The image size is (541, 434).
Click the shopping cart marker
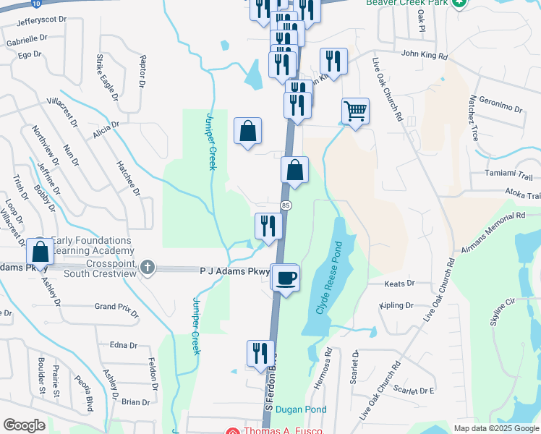(x=355, y=112)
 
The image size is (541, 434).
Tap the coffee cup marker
(x=286, y=278)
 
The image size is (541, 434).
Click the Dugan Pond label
(x=302, y=409)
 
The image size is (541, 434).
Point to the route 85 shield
(x=286, y=205)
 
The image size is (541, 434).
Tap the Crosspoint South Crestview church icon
(x=148, y=268)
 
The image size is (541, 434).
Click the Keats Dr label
(x=400, y=284)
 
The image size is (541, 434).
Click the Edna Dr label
(x=123, y=346)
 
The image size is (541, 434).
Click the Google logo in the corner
(x=24, y=425)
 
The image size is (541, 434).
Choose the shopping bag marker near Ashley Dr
(x=41, y=252)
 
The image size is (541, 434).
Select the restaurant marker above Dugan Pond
(x=260, y=354)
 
